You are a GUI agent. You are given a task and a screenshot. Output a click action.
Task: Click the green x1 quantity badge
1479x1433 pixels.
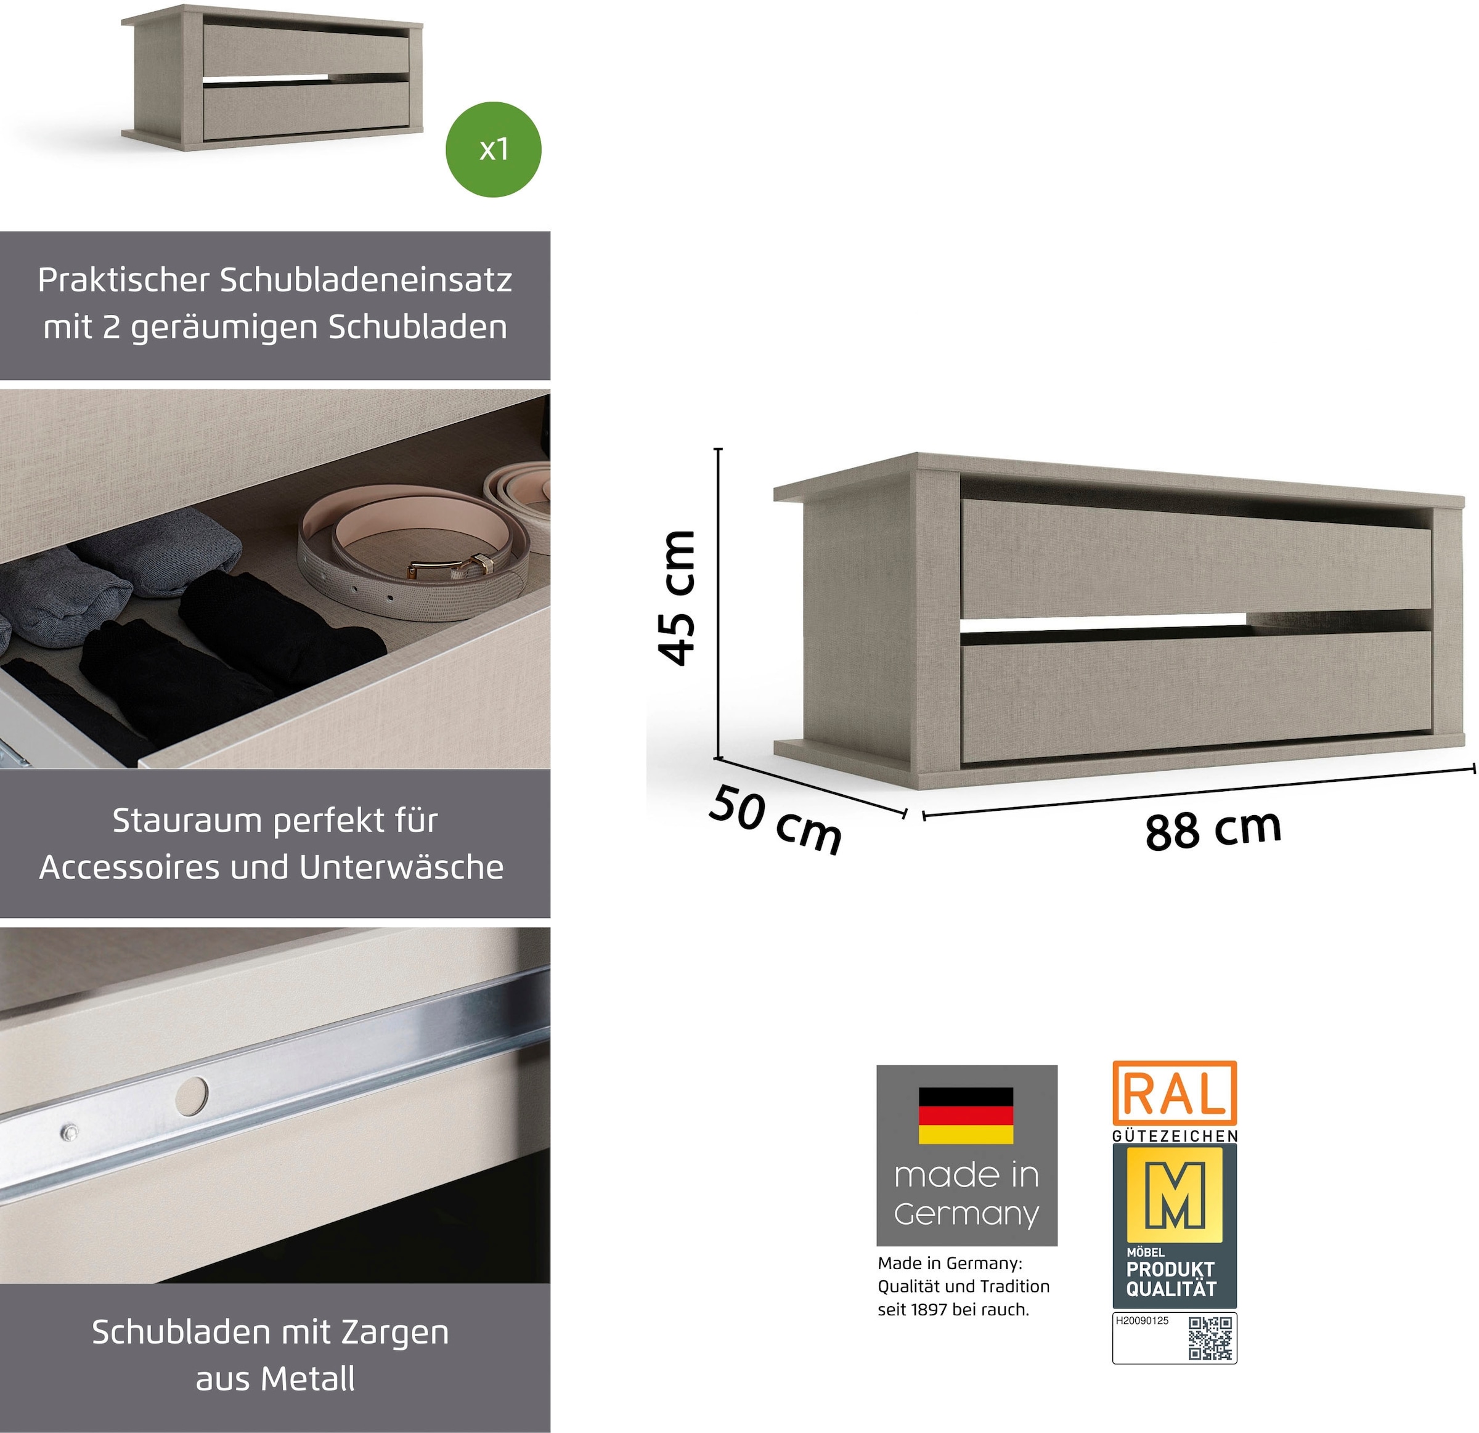click(x=494, y=149)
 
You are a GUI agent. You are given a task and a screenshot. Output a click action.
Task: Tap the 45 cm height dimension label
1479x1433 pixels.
click(x=676, y=598)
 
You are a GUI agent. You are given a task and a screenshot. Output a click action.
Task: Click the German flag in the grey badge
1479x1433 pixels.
click(x=966, y=1116)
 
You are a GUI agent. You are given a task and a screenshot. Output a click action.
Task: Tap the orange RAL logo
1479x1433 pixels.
click(x=1174, y=1094)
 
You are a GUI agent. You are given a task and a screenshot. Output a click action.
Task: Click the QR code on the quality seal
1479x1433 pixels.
click(x=1210, y=1338)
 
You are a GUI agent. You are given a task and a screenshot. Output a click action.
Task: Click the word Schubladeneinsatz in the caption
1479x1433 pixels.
click(x=366, y=280)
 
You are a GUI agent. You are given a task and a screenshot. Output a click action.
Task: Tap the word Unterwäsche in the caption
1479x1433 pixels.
click(x=401, y=867)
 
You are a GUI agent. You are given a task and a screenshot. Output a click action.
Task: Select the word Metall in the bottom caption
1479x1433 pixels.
click(x=309, y=1379)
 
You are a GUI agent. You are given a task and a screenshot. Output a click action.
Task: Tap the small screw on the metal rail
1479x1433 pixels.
click(x=70, y=1133)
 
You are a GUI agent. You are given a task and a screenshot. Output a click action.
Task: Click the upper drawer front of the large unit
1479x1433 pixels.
click(x=1196, y=558)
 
